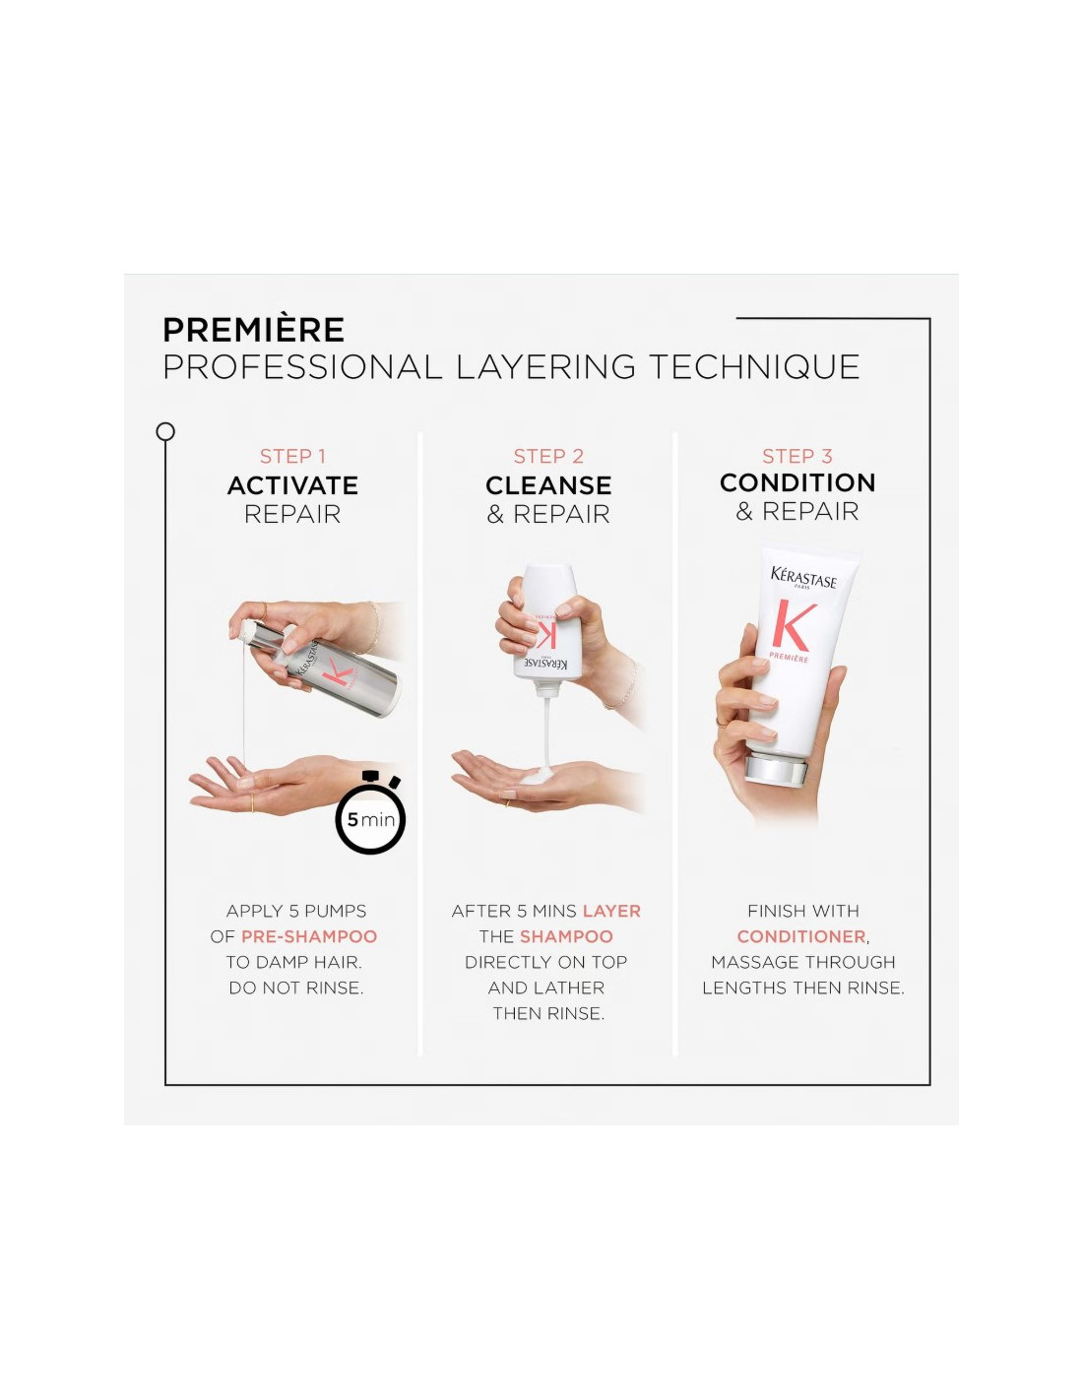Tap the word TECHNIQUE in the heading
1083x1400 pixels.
point(754,366)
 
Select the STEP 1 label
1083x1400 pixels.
point(292,456)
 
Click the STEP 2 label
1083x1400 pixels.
point(548,456)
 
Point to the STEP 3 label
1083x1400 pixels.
point(796,456)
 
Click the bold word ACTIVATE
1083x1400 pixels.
point(292,485)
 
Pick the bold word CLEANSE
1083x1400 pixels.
point(548,485)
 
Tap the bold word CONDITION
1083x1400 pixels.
point(797,482)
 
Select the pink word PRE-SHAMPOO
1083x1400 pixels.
point(309,936)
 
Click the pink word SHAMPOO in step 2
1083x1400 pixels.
point(566,936)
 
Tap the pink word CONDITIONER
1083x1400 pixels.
point(801,936)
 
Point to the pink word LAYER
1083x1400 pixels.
point(611,911)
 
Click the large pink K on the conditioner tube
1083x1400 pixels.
point(794,625)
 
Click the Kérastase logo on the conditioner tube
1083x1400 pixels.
point(803,577)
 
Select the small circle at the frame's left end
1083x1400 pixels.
point(165,431)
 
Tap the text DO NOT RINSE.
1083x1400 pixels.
point(296,987)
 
